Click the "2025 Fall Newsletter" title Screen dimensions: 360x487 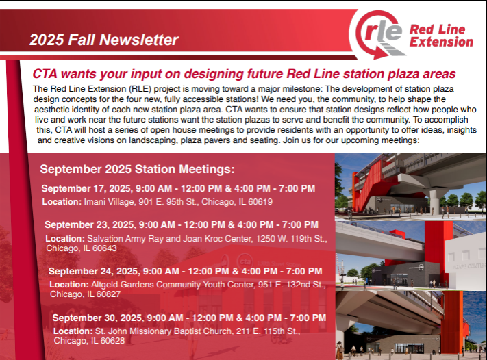(104, 40)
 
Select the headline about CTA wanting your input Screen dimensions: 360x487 (245, 74)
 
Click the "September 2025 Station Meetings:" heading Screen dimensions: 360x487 (138, 169)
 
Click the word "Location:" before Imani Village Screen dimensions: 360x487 (62, 202)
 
